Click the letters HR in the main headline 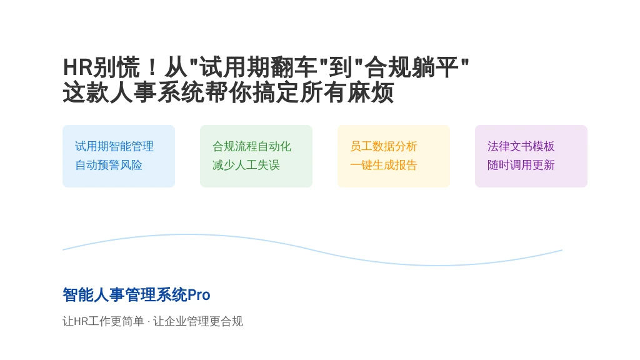pyautogui.click(x=78, y=67)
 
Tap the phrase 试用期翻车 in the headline pyautogui.click(x=258, y=67)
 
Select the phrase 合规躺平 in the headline pyautogui.click(x=412, y=67)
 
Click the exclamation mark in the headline pyautogui.click(x=152, y=67)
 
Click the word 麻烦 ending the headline pyautogui.click(x=370, y=92)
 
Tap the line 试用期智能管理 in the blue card pyautogui.click(x=114, y=146)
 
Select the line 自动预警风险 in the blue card pyautogui.click(x=109, y=165)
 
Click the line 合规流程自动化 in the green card pyautogui.click(x=252, y=146)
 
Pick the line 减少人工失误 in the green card pyautogui.click(x=246, y=165)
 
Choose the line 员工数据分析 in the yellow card pyautogui.click(x=384, y=146)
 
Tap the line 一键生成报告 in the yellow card pyautogui.click(x=384, y=165)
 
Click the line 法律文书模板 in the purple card pyautogui.click(x=521, y=146)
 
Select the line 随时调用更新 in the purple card pyautogui.click(x=521, y=165)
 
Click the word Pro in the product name pyautogui.click(x=199, y=295)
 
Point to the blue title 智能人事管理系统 pyautogui.click(x=125, y=295)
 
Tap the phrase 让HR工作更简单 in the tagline pyautogui.click(x=103, y=321)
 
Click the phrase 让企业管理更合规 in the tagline pyautogui.click(x=198, y=321)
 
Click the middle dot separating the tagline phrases pyautogui.click(x=149, y=322)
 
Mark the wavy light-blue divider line pyautogui.click(x=312, y=250)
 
